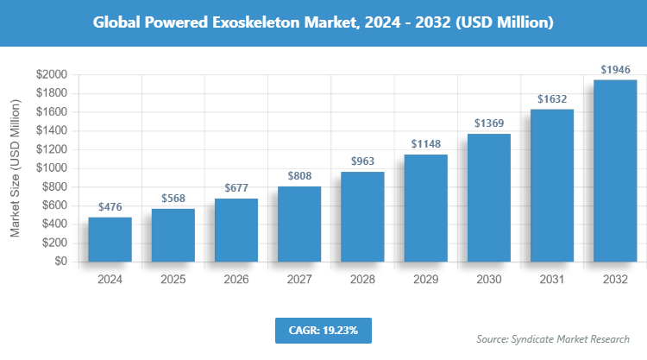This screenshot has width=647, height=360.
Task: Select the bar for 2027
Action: [299, 224]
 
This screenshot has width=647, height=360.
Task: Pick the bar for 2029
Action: [425, 208]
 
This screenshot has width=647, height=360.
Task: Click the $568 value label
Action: [173, 198]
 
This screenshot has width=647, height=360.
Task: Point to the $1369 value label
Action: [488, 123]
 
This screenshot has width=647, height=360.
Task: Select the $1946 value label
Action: [614, 69]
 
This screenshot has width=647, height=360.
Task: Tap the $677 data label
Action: [236, 187]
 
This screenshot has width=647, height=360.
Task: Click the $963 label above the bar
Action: [362, 161]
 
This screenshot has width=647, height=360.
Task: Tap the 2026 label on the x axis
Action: [236, 280]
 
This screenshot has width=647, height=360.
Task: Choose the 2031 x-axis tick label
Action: [551, 280]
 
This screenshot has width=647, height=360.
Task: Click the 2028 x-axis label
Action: [362, 280]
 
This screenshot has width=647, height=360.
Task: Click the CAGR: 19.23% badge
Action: [323, 330]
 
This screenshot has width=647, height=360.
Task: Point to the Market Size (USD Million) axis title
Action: [15, 168]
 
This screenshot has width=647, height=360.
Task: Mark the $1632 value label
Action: [551, 98]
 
